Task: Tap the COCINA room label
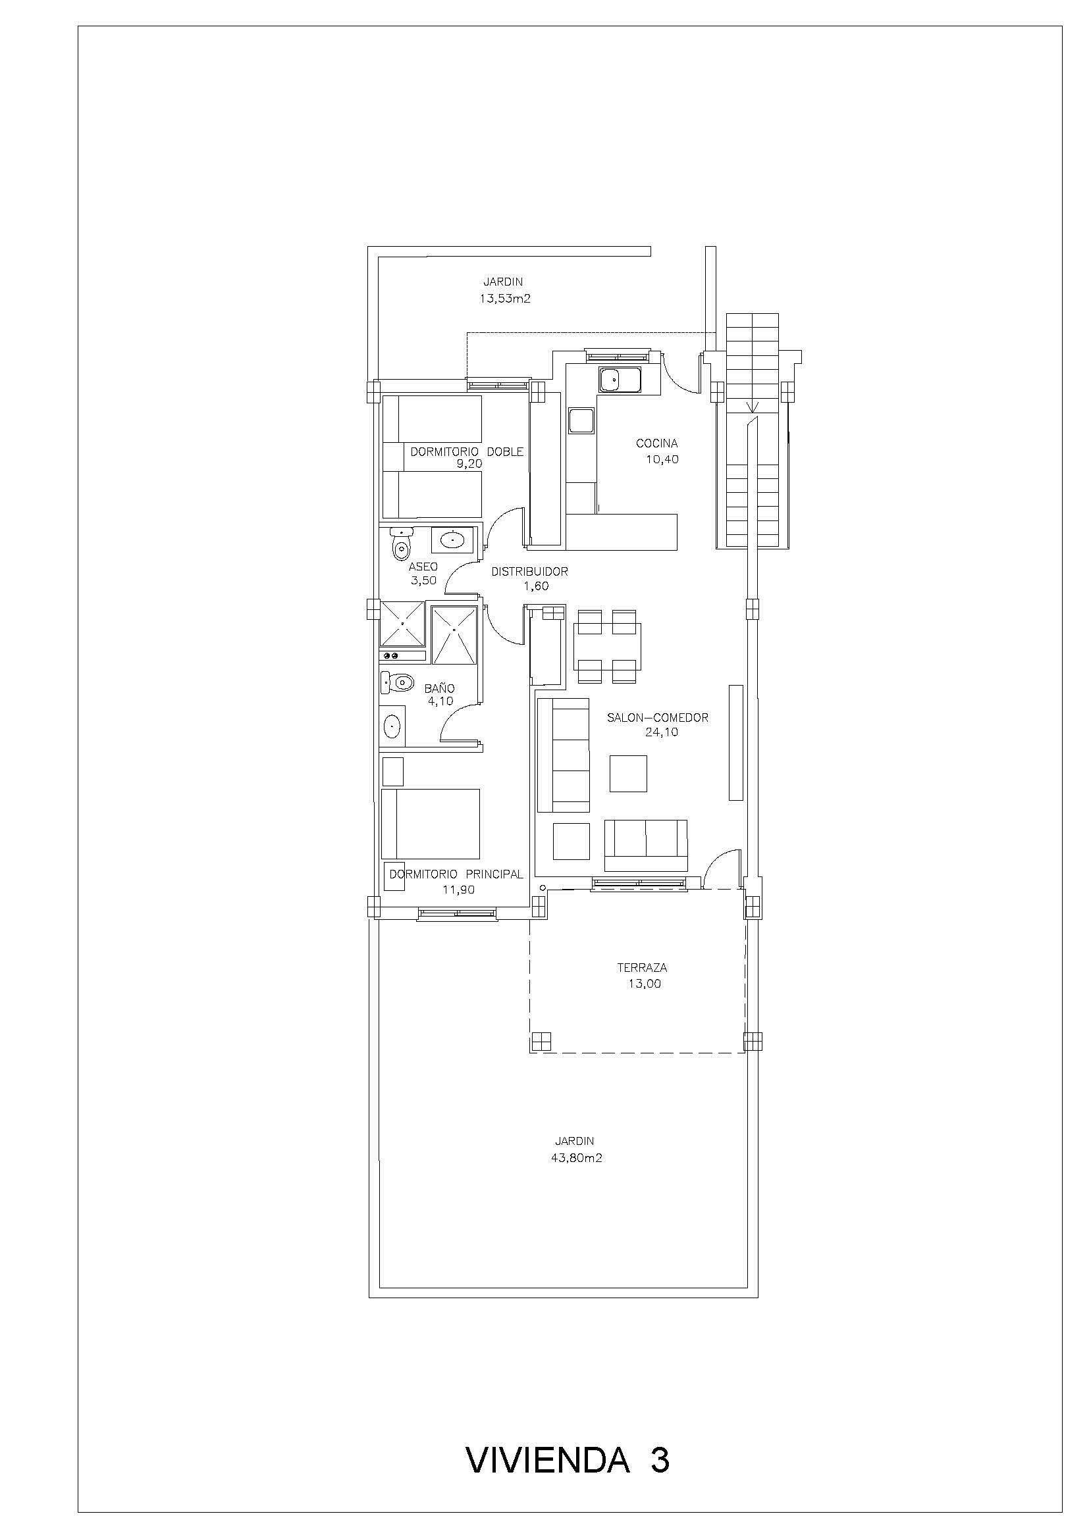[x=656, y=443]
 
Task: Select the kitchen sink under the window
[x=620, y=380]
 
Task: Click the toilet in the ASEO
[x=401, y=543]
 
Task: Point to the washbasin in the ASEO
[x=453, y=538]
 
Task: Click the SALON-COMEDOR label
[x=657, y=718]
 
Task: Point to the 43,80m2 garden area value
[x=575, y=1157]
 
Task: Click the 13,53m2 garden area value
[x=504, y=299]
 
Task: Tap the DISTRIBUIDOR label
[x=530, y=572]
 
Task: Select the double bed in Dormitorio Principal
[x=431, y=824]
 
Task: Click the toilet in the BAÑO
[x=396, y=683]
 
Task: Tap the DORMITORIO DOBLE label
[x=467, y=452]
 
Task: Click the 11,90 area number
[x=459, y=890]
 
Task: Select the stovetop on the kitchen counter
[x=581, y=421]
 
